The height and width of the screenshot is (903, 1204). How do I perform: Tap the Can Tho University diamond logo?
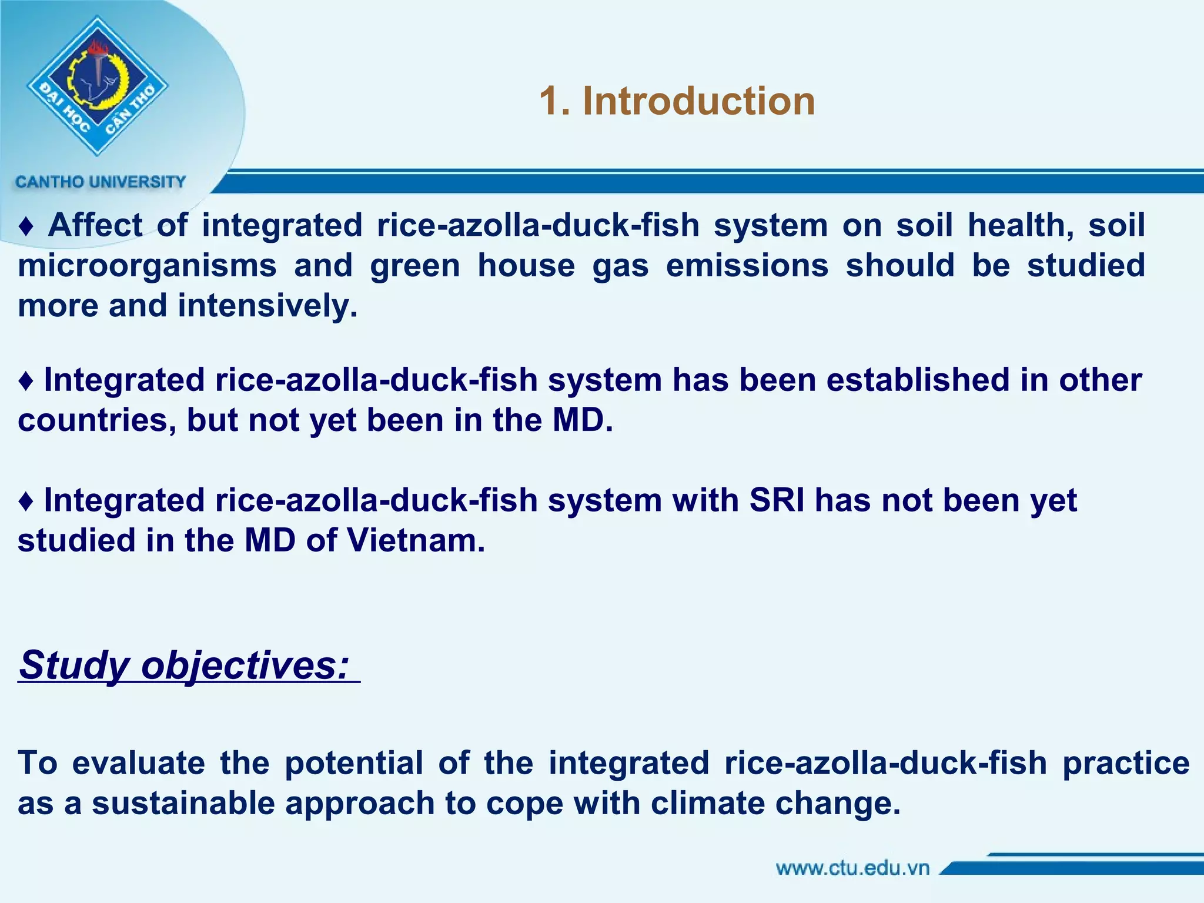98,86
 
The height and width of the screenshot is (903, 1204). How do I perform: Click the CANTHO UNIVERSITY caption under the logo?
101,182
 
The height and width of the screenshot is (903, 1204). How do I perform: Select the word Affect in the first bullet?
95,226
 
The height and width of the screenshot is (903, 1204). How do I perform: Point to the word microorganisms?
147,266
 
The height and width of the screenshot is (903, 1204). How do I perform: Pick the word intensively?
267,306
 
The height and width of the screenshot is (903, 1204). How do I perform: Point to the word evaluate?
139,763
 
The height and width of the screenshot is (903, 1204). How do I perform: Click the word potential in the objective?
354,763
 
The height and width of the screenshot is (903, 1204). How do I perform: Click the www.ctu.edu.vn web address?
852,868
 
